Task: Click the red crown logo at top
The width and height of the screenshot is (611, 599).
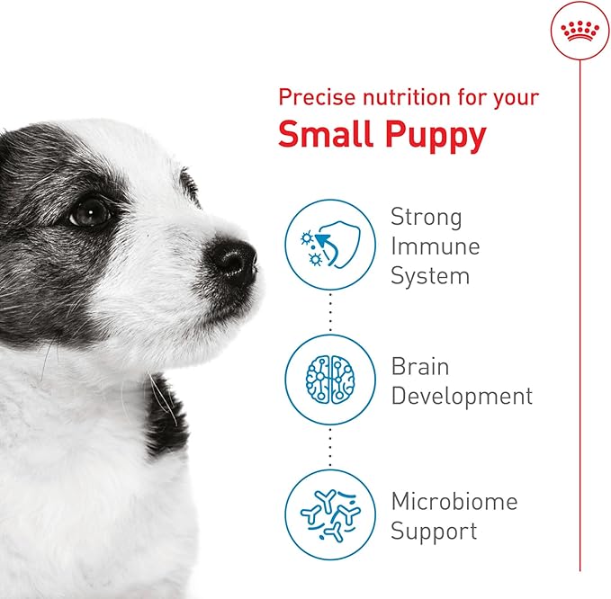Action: [580, 32]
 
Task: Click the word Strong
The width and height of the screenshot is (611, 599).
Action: [426, 218]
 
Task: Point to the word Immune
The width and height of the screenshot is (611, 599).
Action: [435, 246]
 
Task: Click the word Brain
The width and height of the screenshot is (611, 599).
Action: [419, 367]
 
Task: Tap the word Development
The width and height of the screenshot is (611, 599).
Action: [462, 397]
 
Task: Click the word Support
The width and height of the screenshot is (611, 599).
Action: [433, 532]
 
